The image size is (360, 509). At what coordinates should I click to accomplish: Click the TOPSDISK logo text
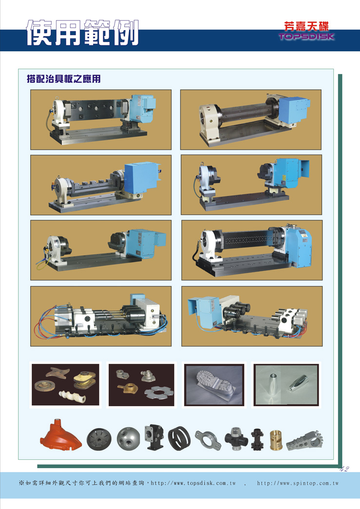306,36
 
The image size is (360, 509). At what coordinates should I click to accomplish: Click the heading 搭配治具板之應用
64,79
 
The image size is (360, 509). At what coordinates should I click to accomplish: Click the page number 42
344,469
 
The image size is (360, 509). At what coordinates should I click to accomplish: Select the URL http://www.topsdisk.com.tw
193,483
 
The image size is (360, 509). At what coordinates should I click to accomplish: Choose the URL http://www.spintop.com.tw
298,483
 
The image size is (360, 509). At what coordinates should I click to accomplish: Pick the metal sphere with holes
129,438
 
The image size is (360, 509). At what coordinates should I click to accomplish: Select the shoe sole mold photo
214,385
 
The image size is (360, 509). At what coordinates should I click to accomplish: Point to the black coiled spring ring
179,438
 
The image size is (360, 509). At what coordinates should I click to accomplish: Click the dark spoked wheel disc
99,439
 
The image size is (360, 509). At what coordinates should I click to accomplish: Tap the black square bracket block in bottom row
154,437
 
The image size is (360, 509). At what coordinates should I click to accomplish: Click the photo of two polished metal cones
286,385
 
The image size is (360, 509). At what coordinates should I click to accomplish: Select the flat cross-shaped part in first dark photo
58,373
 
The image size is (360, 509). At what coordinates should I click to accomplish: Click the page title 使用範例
82,33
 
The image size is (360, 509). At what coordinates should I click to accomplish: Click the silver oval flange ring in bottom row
208,440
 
